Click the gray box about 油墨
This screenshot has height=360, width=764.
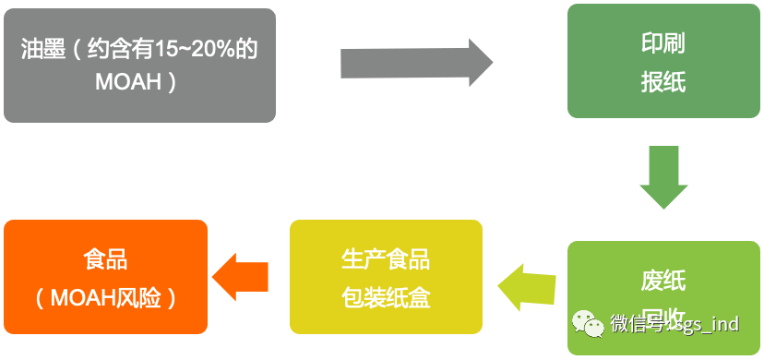point(138,65)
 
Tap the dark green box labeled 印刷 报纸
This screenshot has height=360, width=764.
point(663,62)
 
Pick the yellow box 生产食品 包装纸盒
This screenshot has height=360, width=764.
point(386,277)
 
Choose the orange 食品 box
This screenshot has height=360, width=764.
point(104,277)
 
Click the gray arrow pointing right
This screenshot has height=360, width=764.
point(416,63)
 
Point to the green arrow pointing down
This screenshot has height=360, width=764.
point(663,176)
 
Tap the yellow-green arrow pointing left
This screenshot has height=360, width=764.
point(527,286)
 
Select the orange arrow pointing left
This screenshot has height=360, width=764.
point(240,275)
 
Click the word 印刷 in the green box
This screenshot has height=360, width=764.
point(663,43)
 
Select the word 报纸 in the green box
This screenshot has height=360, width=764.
point(663,82)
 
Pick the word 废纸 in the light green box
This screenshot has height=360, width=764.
point(663,281)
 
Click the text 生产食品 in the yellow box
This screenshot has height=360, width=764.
point(386,258)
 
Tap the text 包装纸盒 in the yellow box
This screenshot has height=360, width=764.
point(386,298)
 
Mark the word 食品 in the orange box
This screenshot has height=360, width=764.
point(104,258)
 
